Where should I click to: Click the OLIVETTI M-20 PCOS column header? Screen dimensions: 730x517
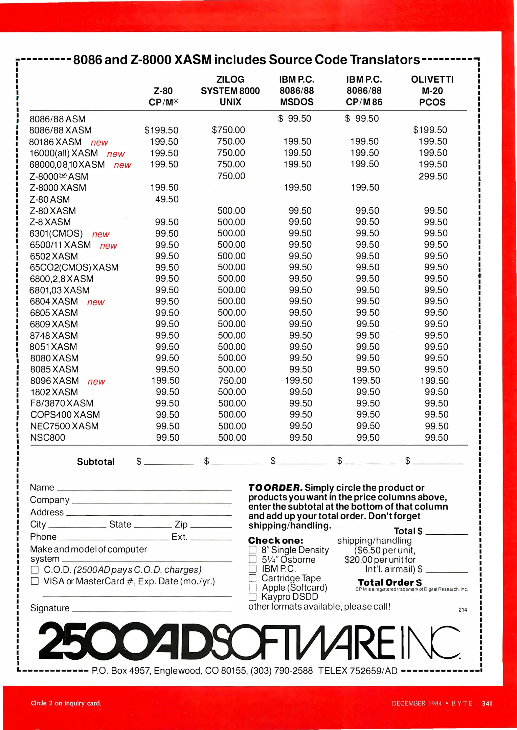coord(432,91)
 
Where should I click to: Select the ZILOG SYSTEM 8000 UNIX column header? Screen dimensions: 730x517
coord(230,91)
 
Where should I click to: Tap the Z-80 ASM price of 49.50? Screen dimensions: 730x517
coord(166,199)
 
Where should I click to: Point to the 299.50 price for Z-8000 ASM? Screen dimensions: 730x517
coord(433,176)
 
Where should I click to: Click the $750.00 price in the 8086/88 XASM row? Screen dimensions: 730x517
coord(228,130)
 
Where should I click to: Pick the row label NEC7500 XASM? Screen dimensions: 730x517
coord(64,426)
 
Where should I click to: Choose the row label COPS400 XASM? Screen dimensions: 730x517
coord(65,415)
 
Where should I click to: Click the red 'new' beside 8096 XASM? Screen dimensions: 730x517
coord(96,382)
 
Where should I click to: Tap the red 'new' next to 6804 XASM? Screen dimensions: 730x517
coord(96,302)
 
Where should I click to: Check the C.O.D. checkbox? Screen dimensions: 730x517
coord(35,570)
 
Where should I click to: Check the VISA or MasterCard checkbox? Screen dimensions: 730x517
coord(35,581)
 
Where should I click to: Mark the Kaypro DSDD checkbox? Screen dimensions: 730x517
coord(252,597)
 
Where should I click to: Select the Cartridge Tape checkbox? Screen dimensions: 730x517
coord(252,578)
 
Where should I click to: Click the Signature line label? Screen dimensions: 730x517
coord(50,608)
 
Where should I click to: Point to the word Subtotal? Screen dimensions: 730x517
coord(96,462)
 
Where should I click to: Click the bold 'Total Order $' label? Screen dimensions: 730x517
coord(389,583)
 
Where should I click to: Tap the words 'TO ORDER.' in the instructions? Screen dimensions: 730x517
coord(275,488)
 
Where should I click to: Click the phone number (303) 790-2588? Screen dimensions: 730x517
coord(282,671)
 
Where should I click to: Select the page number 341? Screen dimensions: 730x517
coord(487,703)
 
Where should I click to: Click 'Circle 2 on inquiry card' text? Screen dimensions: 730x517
coord(66,703)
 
